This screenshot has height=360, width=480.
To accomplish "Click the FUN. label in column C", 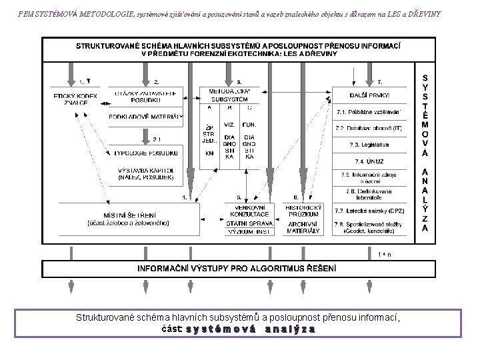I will [x=250, y=125].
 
